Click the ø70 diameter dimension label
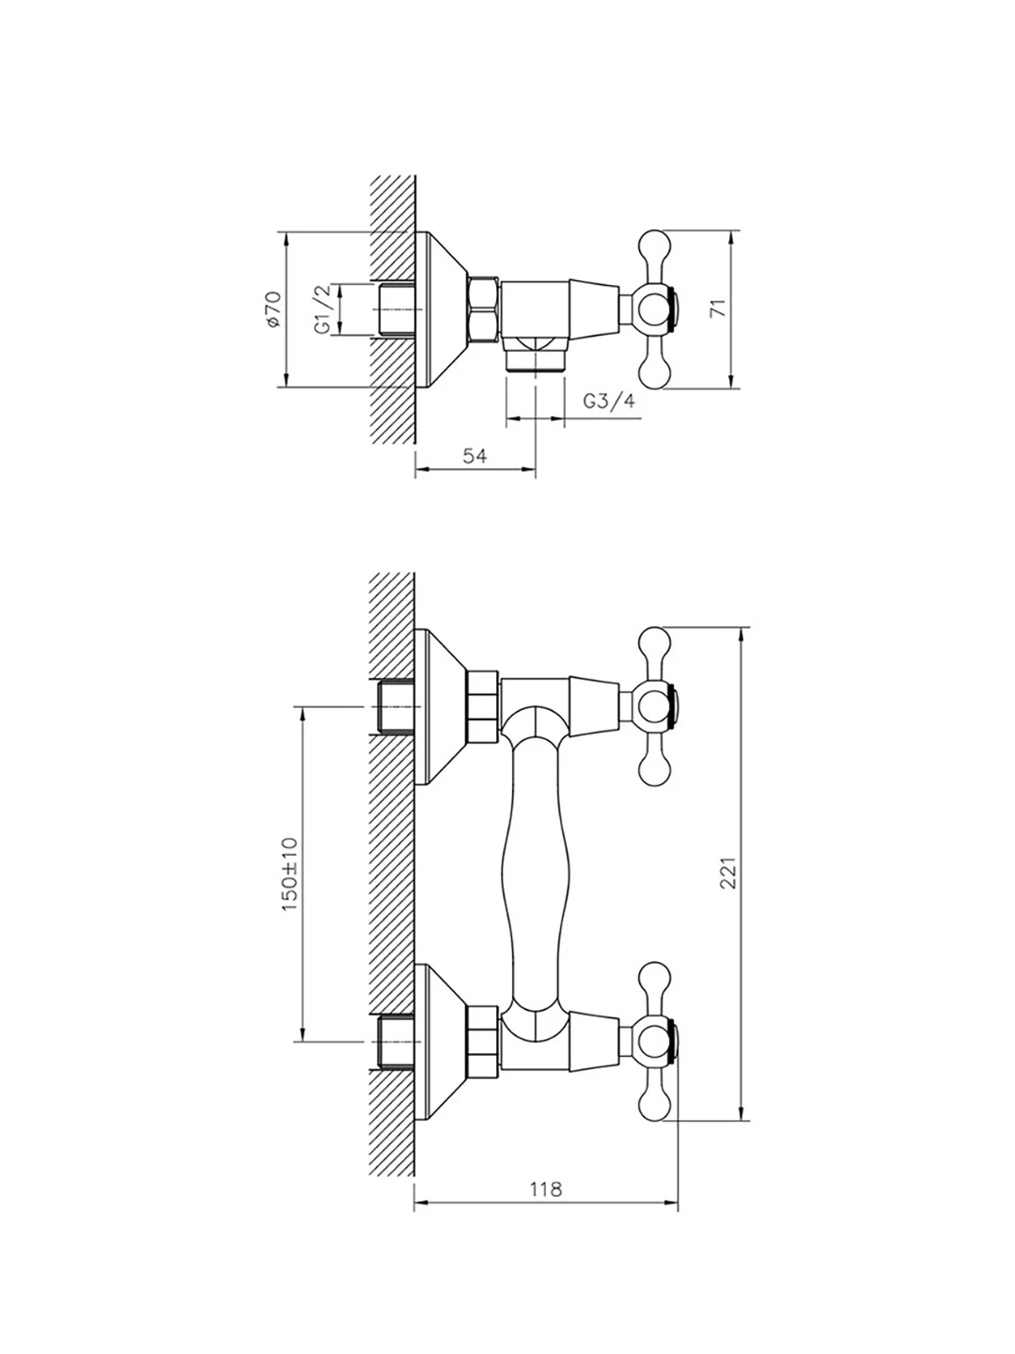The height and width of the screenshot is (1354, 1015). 273,309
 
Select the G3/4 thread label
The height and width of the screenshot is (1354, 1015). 609,401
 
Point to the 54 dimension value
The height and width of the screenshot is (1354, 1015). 475,456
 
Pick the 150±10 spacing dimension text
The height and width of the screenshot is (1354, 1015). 290,874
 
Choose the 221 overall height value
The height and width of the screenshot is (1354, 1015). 728,873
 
